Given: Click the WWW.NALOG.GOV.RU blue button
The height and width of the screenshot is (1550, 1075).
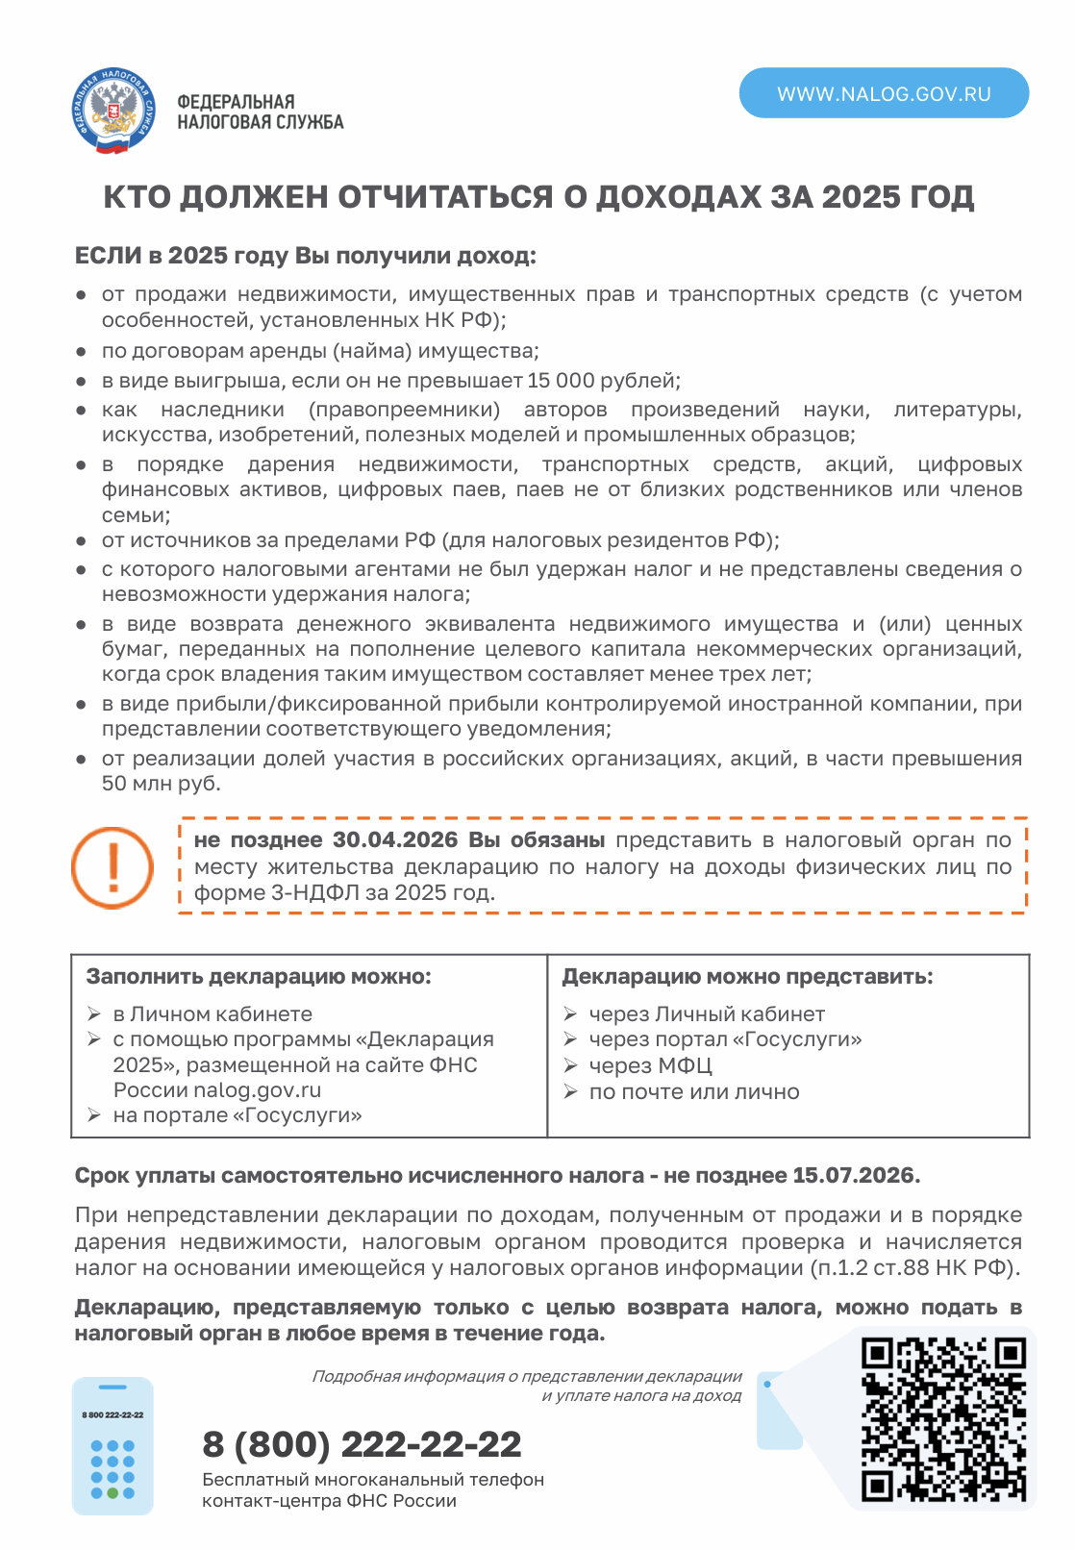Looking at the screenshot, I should click(884, 93).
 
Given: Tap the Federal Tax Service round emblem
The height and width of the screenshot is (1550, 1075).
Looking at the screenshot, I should click(113, 112).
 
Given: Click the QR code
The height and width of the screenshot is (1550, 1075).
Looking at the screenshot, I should click(943, 1419).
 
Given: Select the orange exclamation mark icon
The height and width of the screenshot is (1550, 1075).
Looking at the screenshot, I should click(112, 867).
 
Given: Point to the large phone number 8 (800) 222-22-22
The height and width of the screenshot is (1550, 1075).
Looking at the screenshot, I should click(362, 1444).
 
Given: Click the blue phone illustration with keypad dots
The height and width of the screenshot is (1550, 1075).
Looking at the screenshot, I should click(112, 1446).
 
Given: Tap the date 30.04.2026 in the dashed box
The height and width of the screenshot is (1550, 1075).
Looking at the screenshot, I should click(395, 840).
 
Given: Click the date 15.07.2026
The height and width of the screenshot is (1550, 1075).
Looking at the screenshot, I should click(854, 1175).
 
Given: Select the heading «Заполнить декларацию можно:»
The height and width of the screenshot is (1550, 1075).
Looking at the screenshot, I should click(259, 977).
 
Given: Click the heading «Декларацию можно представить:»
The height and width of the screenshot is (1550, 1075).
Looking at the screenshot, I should click(747, 977).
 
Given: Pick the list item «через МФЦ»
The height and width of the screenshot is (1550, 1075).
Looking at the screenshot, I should click(650, 1065).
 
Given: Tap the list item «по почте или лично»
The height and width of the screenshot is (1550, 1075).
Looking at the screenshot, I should click(694, 1091).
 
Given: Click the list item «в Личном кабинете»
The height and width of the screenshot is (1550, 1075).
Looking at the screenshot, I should click(212, 1013).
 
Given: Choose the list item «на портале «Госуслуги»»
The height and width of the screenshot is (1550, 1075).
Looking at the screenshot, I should click(237, 1115).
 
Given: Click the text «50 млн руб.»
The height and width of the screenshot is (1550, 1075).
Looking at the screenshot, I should click(162, 784).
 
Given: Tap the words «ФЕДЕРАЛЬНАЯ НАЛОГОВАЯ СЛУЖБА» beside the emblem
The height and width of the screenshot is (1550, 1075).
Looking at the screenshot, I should click(260, 112).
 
